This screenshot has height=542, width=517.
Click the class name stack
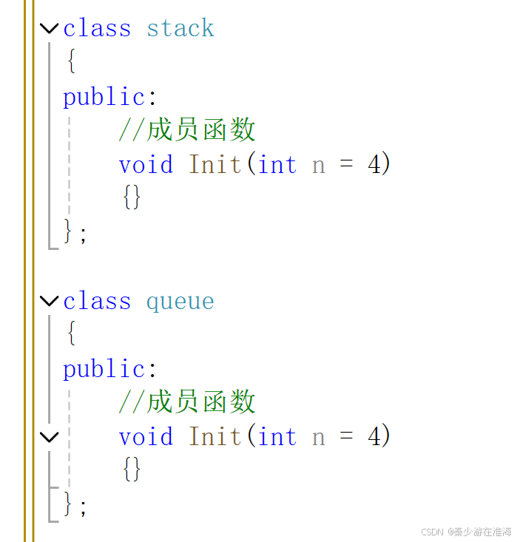point(180,29)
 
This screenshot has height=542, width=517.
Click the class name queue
point(180,302)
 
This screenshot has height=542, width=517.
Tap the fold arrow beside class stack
point(49,29)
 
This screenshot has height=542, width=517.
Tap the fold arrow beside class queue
point(49,301)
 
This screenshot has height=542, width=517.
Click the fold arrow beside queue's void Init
point(49,437)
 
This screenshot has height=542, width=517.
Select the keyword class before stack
point(96,29)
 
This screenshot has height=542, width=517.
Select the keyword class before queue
point(96,302)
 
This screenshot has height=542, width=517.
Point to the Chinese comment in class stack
point(186,130)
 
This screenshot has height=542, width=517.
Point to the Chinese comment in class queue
point(186,402)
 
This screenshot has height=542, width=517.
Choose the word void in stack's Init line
point(146,164)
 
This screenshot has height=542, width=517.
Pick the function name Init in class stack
point(215,164)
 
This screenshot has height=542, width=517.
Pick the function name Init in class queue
point(215,437)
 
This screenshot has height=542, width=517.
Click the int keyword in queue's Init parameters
point(277,437)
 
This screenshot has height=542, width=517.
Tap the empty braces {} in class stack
point(132,197)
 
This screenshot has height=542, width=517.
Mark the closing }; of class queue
point(75,505)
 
